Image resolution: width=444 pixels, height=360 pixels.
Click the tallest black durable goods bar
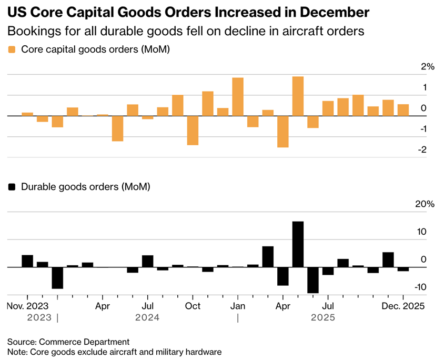pyautogui.click(x=298, y=244)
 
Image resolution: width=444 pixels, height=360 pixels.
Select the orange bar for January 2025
pyautogui.click(x=238, y=97)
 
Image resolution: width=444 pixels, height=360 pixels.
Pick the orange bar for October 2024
pyautogui.click(x=193, y=130)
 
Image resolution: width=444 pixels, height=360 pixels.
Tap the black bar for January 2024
pyautogui.click(x=57, y=278)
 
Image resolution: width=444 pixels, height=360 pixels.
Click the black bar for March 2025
pyautogui.click(x=268, y=257)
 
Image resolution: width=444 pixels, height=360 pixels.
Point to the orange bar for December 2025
pyautogui.click(x=403, y=110)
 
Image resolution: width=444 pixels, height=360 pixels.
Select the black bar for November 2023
pyautogui.click(x=27, y=261)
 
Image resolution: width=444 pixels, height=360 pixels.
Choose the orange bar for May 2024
pyautogui.click(x=117, y=128)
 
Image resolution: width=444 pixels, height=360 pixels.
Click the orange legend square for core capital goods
pyautogui.click(x=12, y=49)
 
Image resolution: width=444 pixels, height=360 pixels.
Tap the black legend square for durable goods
pyautogui.click(x=12, y=187)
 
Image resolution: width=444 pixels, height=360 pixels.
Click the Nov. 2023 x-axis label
pyautogui.click(x=27, y=306)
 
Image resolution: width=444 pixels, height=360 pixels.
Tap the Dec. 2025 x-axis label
pyautogui.click(x=403, y=306)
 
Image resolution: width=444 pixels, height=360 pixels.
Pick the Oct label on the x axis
pyautogui.click(x=193, y=306)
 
